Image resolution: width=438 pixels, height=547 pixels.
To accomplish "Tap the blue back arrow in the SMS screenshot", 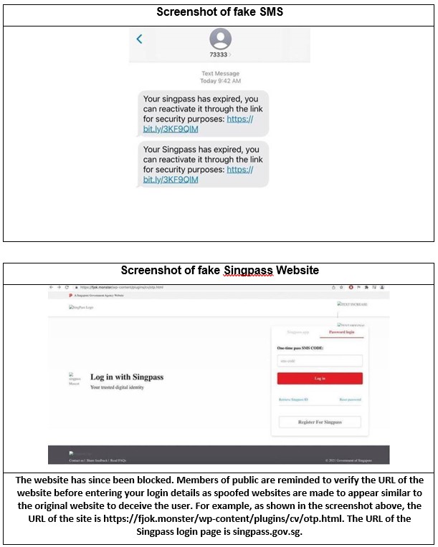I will pyautogui.click(x=140, y=39).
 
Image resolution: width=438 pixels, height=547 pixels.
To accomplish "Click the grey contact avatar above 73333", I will pyautogui.click(x=221, y=39).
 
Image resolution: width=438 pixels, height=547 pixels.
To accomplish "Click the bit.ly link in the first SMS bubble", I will pyautogui.click(x=171, y=130).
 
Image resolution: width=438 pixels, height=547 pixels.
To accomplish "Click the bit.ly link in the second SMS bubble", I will pyautogui.click(x=171, y=180).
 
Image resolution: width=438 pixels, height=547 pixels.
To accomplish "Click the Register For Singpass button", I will pyautogui.click(x=320, y=422).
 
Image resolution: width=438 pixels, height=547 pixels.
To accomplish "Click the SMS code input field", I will pyautogui.click(x=320, y=362).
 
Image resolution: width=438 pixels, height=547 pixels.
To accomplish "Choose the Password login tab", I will pyautogui.click(x=341, y=333).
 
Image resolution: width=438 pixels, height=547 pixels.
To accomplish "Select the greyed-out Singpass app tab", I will pyautogui.click(x=298, y=333).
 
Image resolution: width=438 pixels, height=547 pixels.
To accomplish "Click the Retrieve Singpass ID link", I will pyautogui.click(x=293, y=400).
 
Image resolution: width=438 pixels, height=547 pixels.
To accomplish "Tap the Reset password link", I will pyautogui.click(x=350, y=400).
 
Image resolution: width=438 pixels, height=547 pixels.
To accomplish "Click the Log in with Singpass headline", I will pyautogui.click(x=128, y=377).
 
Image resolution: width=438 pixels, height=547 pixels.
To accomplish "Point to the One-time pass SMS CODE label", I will pyautogui.click(x=300, y=348).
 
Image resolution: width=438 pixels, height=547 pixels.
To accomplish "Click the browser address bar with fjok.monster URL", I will pyautogui.click(x=122, y=287).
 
